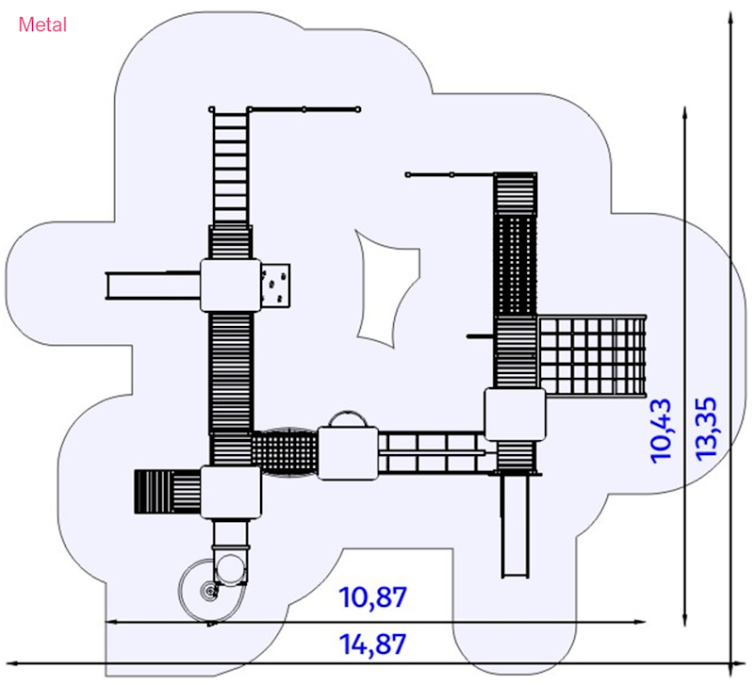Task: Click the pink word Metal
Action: [42, 24]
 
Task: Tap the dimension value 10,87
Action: [372, 597]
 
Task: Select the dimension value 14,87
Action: [372, 644]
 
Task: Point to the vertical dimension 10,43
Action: [661, 431]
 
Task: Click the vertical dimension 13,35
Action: [706, 429]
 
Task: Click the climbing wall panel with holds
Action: [275, 285]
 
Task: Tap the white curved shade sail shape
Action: [387, 288]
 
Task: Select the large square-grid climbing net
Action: [592, 356]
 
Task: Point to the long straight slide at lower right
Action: [515, 525]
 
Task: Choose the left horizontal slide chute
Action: [153, 285]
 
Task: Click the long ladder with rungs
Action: [230, 167]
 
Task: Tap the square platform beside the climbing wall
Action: [230, 285]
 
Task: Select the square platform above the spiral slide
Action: [231, 492]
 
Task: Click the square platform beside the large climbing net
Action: [515, 415]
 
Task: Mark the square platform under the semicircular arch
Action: [348, 453]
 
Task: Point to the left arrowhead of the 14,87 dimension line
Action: [8, 663]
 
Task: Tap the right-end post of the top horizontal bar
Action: [358, 109]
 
